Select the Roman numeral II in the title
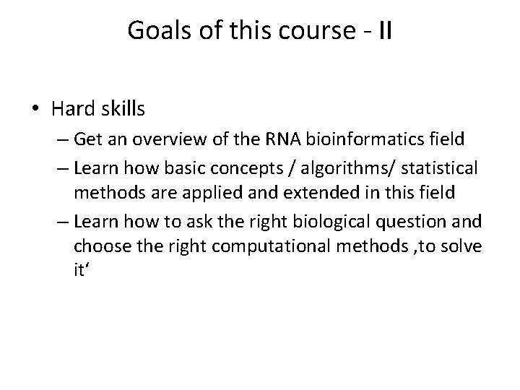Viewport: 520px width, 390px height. tap(384, 31)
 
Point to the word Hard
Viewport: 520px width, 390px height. tap(72, 110)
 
